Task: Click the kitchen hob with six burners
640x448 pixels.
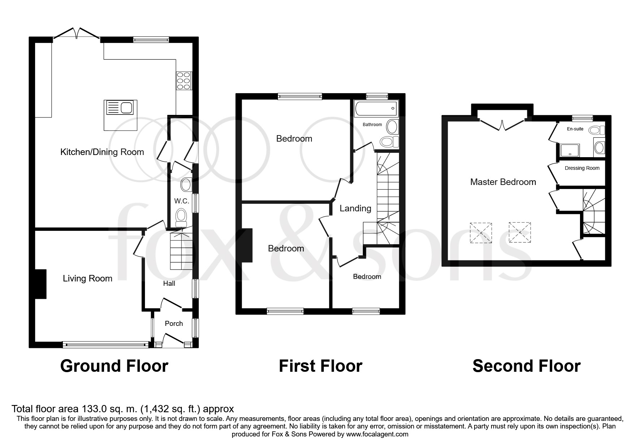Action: pos(184,81)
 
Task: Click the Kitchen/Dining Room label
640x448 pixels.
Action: pos(102,152)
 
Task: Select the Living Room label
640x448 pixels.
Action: pos(87,279)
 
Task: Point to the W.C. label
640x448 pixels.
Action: pos(181,201)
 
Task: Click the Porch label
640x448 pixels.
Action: pos(174,324)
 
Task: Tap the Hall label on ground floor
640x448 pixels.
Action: pos(169,284)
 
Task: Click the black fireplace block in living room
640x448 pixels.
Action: pos(40,284)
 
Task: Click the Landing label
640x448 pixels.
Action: pos(355,208)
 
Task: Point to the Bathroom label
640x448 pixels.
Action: pos(372,125)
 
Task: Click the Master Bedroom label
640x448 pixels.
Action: pos(503,182)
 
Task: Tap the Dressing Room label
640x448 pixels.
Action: pos(582,168)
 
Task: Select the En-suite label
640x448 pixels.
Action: pos(575,129)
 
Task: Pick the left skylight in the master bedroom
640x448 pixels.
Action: pos(481,233)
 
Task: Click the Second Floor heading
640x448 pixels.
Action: pos(526,366)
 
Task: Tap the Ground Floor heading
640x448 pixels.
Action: pos(114,366)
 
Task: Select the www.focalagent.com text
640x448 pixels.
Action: pos(377,434)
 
